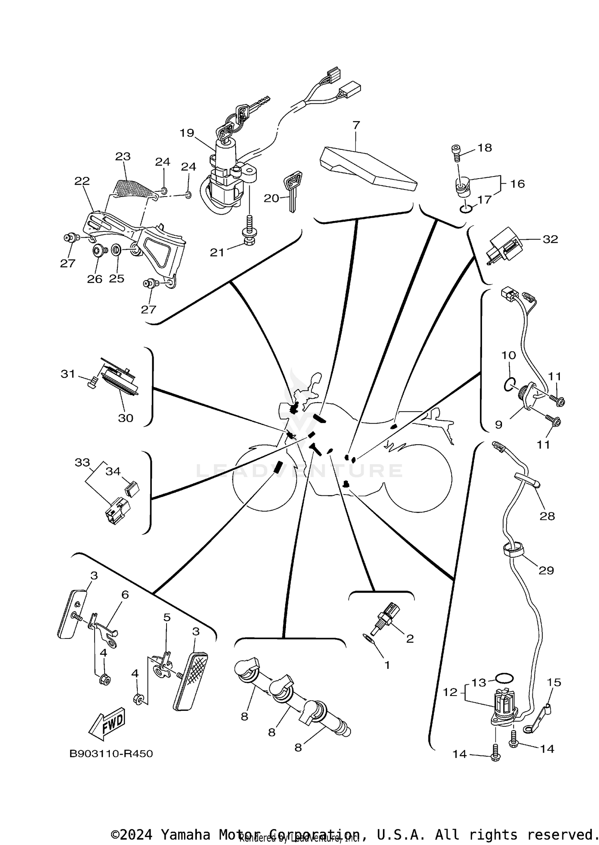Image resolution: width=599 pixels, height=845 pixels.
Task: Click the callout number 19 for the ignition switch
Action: (186, 133)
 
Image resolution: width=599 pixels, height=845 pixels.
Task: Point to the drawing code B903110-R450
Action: (111, 754)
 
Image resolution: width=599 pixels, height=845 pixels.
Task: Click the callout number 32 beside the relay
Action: (550, 239)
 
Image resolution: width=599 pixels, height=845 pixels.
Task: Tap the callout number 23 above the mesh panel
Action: (123, 156)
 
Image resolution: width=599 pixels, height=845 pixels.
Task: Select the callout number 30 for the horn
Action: (125, 418)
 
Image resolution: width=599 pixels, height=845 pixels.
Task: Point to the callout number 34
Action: (113, 471)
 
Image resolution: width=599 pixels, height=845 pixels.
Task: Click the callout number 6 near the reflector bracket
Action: (125, 606)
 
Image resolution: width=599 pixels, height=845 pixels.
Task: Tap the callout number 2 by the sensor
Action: (410, 638)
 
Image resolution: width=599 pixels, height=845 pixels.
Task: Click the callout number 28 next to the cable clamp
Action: (547, 516)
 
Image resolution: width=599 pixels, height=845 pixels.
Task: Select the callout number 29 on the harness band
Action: (546, 571)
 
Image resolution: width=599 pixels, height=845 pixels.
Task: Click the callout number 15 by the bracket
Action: (554, 682)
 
